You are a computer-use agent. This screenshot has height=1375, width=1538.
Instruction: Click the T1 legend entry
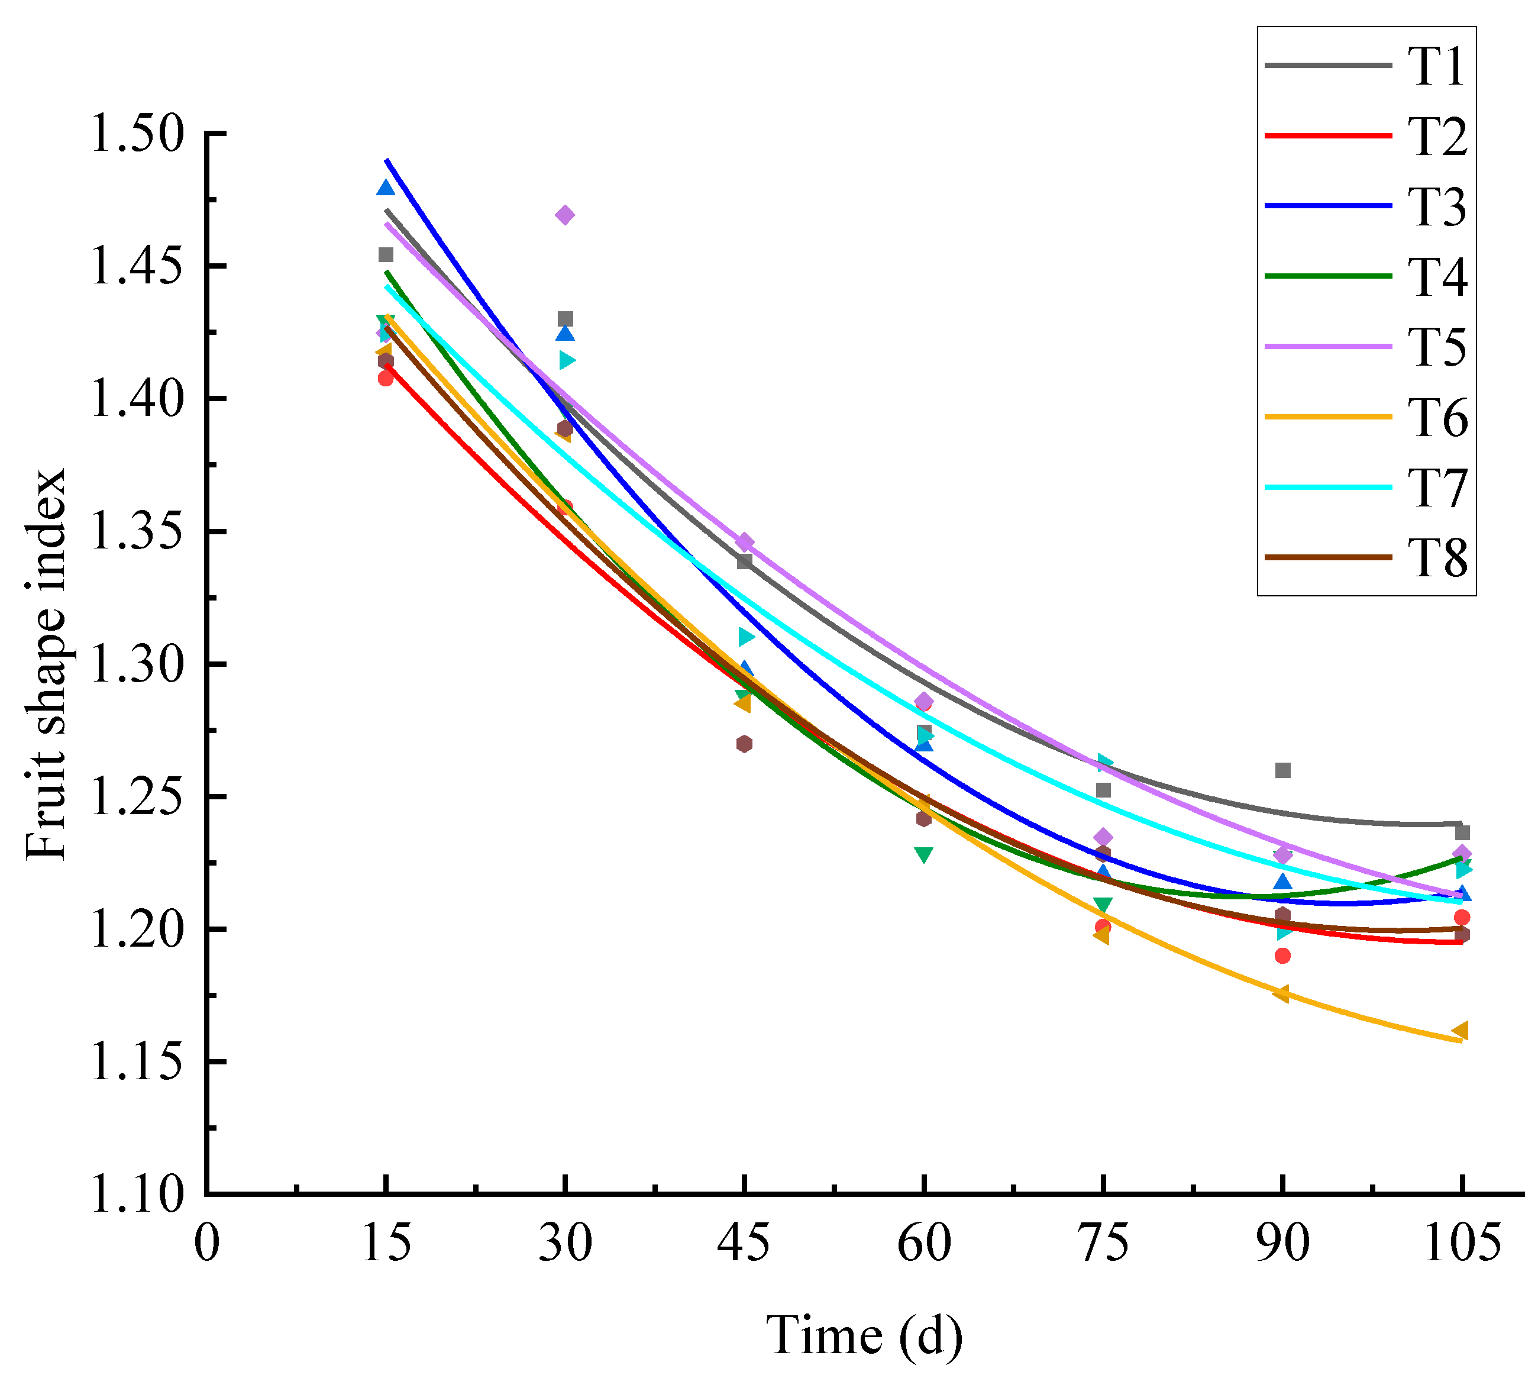point(1366,66)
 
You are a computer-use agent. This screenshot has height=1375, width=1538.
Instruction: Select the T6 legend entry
point(1366,417)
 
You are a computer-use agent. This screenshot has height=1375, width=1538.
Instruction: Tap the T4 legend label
point(1437,276)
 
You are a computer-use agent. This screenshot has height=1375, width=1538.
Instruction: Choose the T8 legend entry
point(1366,559)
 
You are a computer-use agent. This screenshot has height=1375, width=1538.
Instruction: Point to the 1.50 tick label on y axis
point(137,134)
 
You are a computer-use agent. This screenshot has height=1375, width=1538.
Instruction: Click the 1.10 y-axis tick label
point(137,1195)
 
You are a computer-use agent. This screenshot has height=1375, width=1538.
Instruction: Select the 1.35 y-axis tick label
point(137,532)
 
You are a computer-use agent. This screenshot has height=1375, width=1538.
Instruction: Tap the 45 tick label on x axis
point(744,1243)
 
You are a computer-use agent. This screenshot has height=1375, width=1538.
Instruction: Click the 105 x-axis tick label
point(1462,1243)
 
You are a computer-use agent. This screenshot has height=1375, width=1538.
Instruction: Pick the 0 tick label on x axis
point(206,1243)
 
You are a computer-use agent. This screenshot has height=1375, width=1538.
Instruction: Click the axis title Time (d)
point(864,1335)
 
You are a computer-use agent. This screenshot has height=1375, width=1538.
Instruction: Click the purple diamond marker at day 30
point(565,215)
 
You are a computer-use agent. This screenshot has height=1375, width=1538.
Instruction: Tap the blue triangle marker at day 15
point(385,188)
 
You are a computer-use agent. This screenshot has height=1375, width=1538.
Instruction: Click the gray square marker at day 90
point(1282,770)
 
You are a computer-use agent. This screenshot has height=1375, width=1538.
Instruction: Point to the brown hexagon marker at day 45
point(744,744)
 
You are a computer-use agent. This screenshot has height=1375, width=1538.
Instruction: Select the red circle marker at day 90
point(1282,956)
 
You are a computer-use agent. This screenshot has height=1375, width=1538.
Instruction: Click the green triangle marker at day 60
point(923,854)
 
